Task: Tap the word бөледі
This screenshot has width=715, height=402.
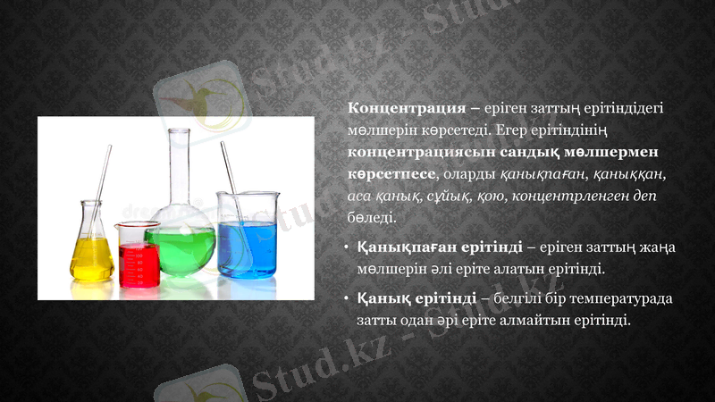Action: [371, 217]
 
